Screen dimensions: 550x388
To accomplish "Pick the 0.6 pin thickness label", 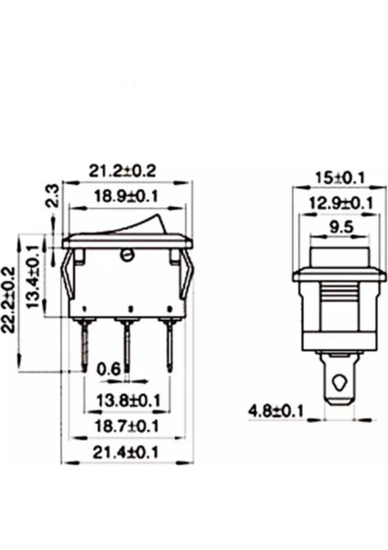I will coord(108,369).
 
